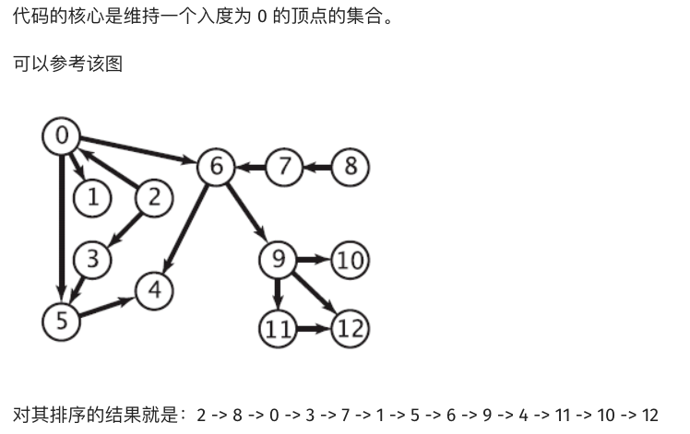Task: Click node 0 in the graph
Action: click(62, 136)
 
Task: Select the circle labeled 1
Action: click(92, 196)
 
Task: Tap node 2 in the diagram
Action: click(154, 196)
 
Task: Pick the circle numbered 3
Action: click(92, 259)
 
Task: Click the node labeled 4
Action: click(154, 289)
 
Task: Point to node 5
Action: click(62, 320)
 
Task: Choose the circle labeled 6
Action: click(216, 167)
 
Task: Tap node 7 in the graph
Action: click(284, 167)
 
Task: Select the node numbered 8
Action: click(350, 167)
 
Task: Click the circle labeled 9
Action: click(278, 259)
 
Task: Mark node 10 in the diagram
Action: click(350, 259)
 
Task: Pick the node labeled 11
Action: click(278, 327)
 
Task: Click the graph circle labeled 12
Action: click(350, 327)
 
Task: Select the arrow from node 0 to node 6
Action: click(138, 151)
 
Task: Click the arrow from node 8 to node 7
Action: click(316, 167)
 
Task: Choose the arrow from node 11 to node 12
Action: click(314, 327)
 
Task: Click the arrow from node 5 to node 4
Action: click(108, 305)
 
